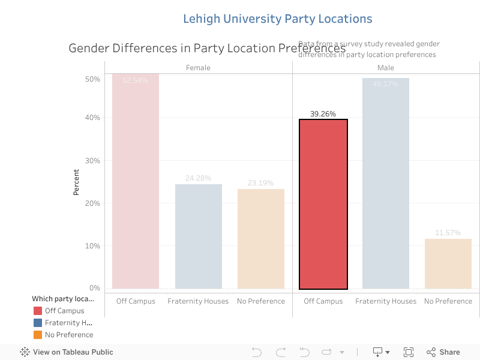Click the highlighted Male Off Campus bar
pos(323,204)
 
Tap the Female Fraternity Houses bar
pos(198,236)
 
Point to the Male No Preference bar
pos(448,263)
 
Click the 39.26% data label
pos(323,113)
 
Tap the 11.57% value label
pos(448,232)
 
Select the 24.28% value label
pos(198,178)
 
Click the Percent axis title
pos(76,182)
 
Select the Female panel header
pos(198,68)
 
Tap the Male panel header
pos(385,68)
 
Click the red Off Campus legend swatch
pos(38,311)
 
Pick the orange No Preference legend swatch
pos(38,335)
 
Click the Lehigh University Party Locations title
pos(277,19)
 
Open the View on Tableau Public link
pos(67,352)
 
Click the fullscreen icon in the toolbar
pos(409,352)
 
